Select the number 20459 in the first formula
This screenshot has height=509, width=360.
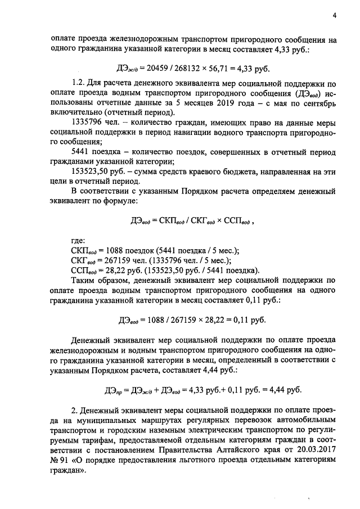click(x=153, y=70)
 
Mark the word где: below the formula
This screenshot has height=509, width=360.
click(x=80, y=240)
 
